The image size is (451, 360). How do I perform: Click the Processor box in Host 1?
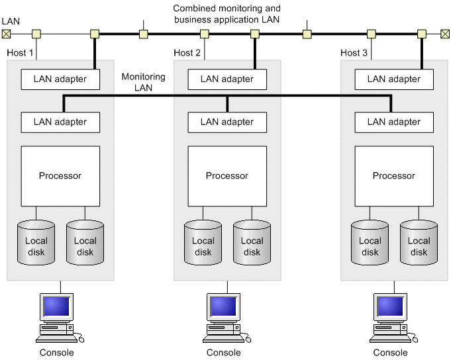[60, 176]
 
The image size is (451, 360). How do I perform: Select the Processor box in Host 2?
[227, 176]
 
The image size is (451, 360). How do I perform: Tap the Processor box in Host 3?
[394, 176]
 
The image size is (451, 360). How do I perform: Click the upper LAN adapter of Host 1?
[60, 79]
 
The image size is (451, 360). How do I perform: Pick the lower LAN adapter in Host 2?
[227, 122]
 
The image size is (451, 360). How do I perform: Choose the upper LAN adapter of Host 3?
[394, 79]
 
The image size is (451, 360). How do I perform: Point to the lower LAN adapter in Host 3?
[394, 122]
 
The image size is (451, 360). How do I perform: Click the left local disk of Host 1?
[36, 241]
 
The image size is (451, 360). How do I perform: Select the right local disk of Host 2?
[252, 241]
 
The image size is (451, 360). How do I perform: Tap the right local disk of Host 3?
[419, 241]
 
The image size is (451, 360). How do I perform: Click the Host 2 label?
[187, 53]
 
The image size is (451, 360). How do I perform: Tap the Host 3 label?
[354, 53]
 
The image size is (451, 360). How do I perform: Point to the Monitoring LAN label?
[143, 82]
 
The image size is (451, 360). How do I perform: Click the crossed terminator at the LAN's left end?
[7, 33]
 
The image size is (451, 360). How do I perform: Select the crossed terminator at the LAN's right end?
[444, 33]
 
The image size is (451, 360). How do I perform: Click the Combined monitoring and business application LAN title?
[226, 14]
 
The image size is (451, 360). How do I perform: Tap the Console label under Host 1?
[57, 353]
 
